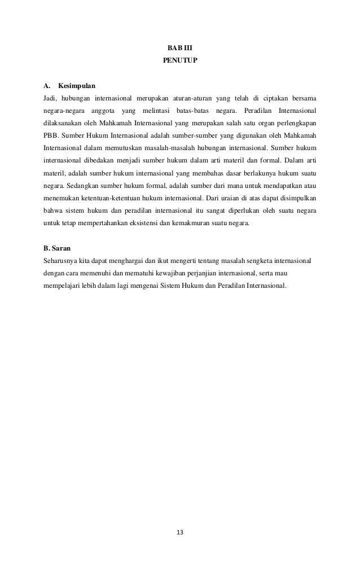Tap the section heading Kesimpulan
pyautogui.click(x=77, y=86)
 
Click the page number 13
pyautogui.click(x=180, y=532)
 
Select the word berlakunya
pyautogui.click(x=249, y=173)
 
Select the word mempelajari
pyautogui.click(x=63, y=285)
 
